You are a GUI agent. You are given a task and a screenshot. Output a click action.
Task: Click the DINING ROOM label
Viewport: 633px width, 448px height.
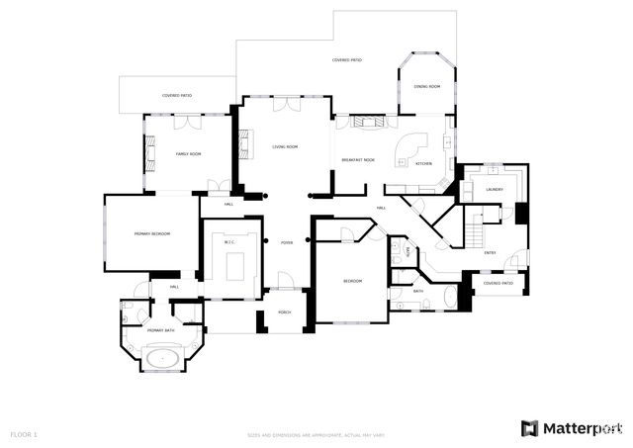pyautogui.click(x=426, y=87)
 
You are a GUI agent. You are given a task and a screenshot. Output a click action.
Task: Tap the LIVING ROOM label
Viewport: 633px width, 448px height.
pyautogui.click(x=286, y=146)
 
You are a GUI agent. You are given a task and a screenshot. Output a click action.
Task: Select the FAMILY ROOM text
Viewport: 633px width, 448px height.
pyautogui.click(x=189, y=154)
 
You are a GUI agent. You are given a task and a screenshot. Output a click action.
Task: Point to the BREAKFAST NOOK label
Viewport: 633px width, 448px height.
pyautogui.click(x=358, y=159)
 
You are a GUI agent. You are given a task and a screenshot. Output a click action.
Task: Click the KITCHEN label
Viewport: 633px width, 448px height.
pyautogui.click(x=423, y=162)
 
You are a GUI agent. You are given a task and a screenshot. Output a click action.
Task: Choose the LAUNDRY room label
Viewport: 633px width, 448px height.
pyautogui.click(x=495, y=189)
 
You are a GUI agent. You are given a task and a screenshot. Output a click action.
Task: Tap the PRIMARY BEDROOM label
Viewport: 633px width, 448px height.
pyautogui.click(x=152, y=233)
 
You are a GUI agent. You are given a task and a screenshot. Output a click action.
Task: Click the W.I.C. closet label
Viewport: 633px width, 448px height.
pyautogui.click(x=229, y=241)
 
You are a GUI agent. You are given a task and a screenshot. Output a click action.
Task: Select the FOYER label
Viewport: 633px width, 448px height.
pyautogui.click(x=287, y=242)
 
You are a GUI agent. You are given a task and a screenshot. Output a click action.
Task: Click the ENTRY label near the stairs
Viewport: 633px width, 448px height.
pyautogui.click(x=490, y=252)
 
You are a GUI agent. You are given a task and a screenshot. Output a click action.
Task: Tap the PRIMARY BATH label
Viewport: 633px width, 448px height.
pyautogui.click(x=155, y=330)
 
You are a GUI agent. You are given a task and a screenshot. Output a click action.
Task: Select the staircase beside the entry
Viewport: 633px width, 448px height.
pyautogui.click(x=476, y=231)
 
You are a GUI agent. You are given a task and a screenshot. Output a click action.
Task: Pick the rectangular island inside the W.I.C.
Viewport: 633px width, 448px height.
pyautogui.click(x=235, y=265)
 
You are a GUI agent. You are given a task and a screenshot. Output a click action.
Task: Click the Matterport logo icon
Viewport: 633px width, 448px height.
pyautogui.click(x=530, y=427)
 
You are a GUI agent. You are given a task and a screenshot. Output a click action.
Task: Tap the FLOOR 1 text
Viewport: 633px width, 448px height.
pyautogui.click(x=24, y=433)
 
